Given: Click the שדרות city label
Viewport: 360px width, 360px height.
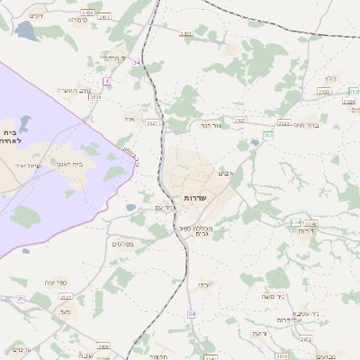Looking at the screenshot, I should [x=196, y=196].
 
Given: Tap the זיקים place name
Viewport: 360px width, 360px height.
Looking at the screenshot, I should [x=36, y=16].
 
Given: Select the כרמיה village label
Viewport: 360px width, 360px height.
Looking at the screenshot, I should [x=79, y=21].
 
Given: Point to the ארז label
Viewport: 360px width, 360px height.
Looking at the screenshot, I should [x=129, y=117].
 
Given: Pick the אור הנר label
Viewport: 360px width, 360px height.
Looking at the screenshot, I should [x=209, y=127].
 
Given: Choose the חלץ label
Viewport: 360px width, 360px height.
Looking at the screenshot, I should [x=332, y=78].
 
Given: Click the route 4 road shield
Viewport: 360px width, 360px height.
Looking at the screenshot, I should [x=106, y=82].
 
